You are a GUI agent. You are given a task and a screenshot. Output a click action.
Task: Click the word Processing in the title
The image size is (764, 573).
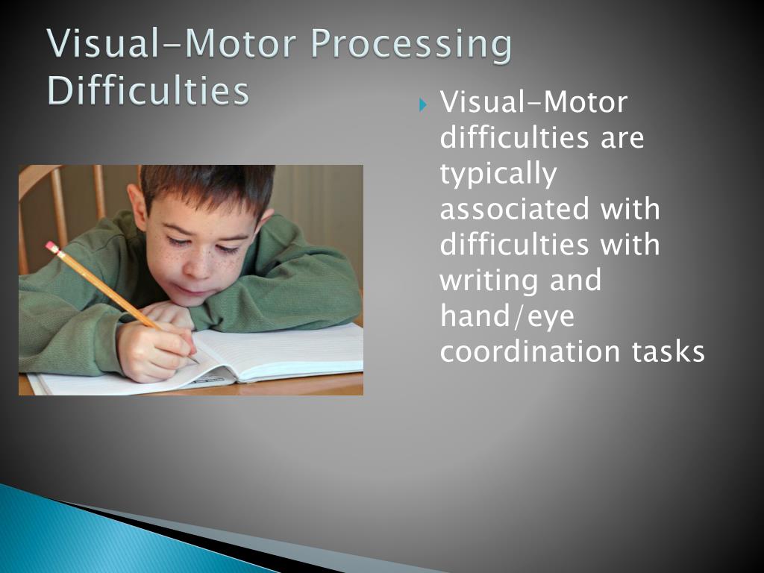(411, 45)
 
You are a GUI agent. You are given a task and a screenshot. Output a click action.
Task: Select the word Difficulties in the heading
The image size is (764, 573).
(148, 91)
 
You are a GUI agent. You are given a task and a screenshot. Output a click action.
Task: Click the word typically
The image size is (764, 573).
(498, 174)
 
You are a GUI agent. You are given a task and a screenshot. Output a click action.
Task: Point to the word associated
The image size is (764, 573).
(516, 209)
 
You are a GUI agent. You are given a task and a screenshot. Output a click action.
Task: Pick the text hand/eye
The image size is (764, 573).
(507, 316)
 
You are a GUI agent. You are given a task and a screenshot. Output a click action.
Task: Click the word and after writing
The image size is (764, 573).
(575, 281)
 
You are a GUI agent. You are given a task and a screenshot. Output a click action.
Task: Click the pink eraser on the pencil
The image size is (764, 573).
(51, 246)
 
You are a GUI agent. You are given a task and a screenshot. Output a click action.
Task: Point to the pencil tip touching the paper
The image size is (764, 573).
(196, 360)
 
